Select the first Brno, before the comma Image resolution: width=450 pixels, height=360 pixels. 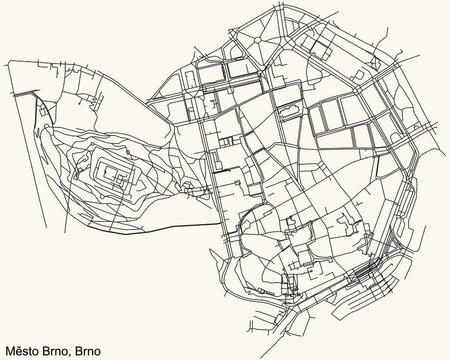pos(64,351)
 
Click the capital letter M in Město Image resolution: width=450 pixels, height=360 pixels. pos(11,351)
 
